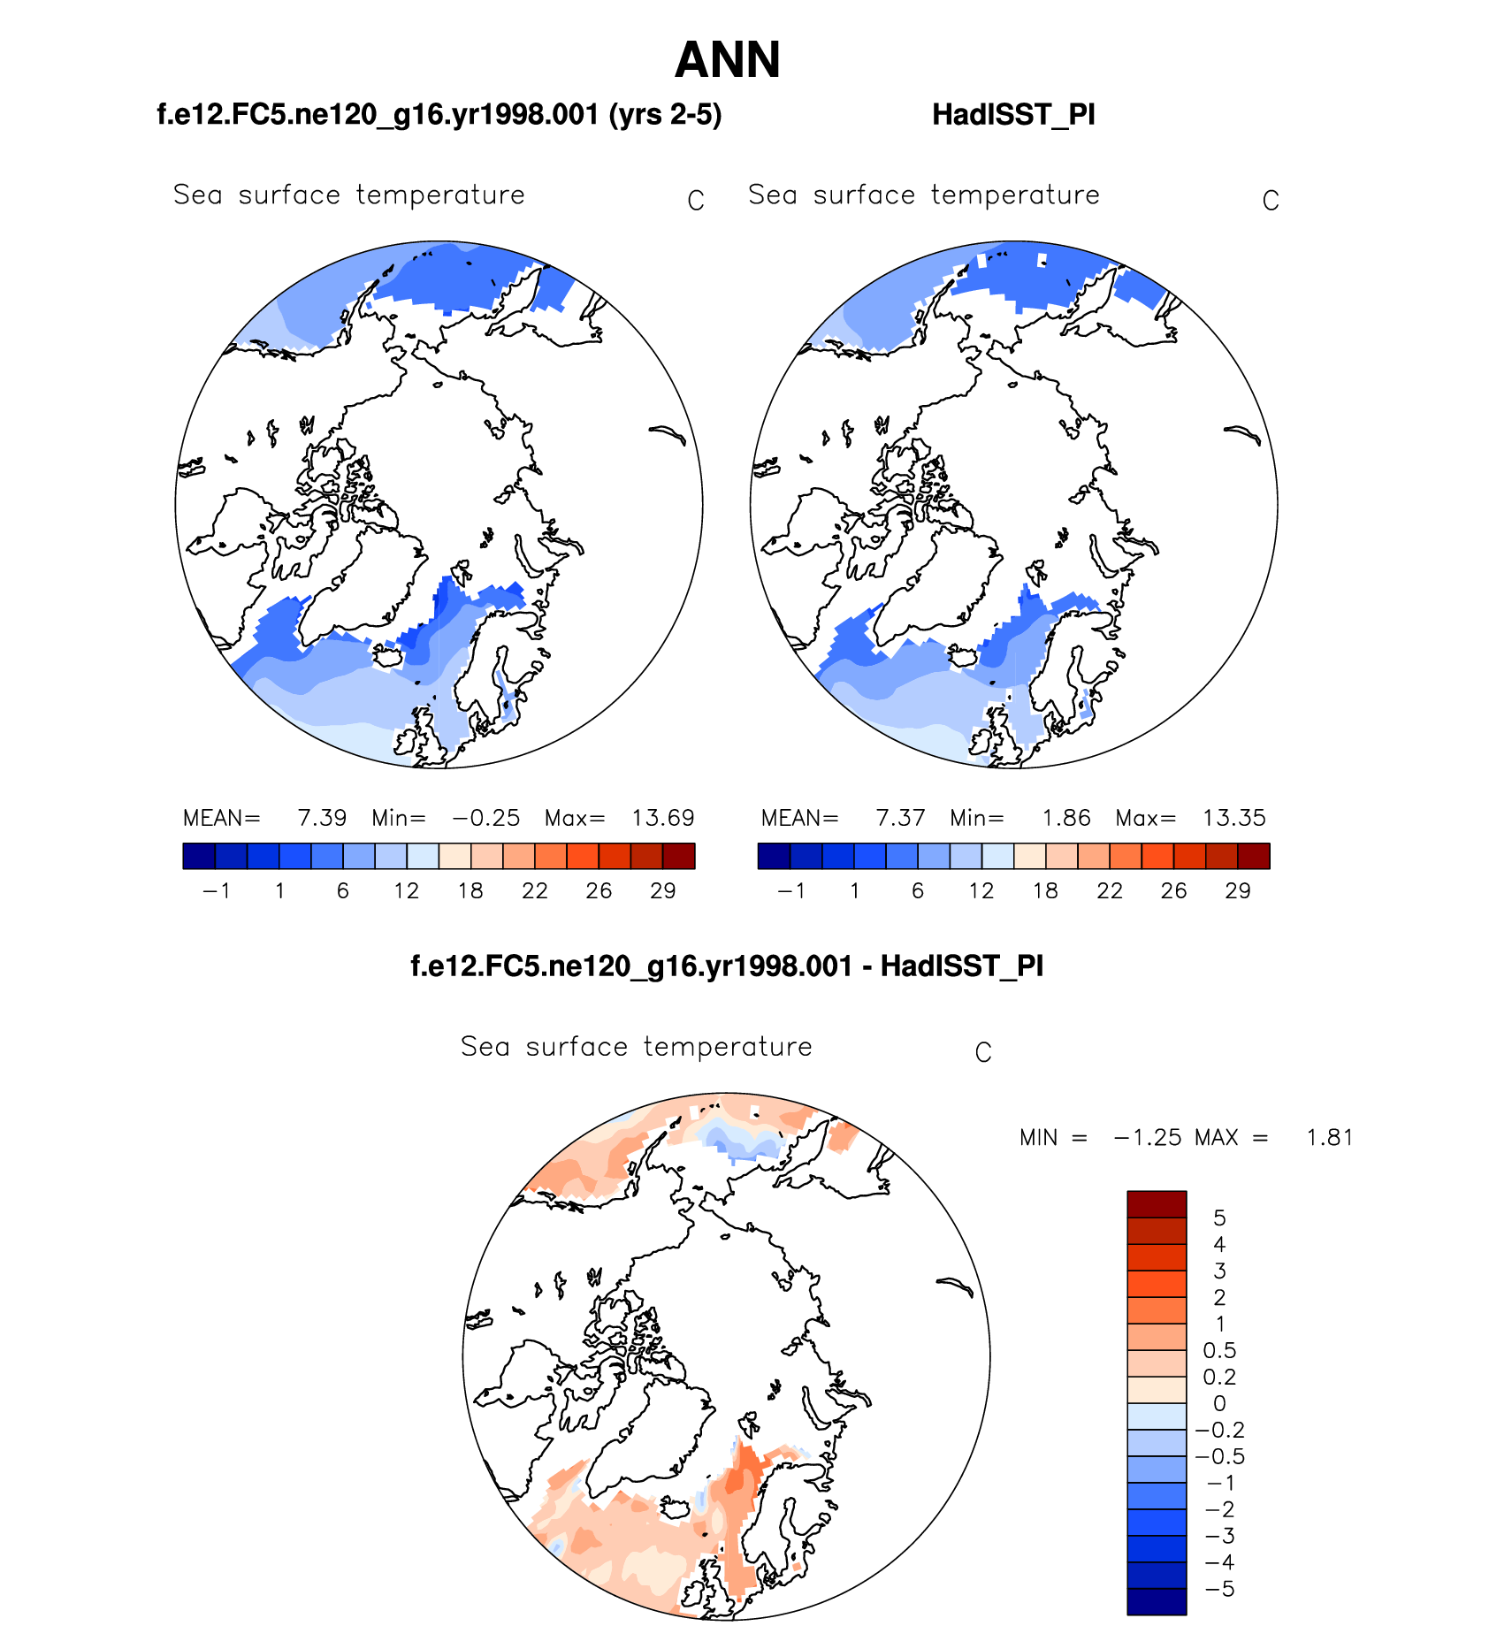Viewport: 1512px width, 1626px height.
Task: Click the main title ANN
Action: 727,60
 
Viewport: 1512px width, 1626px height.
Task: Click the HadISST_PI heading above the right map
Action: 1013,115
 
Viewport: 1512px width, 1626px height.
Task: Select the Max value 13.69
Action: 662,818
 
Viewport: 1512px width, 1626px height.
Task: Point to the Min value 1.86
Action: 1066,818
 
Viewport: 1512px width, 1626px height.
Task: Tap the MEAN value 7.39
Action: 322,818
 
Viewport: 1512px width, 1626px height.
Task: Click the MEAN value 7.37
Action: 900,818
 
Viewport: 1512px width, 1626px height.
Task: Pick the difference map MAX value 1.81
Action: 1329,1137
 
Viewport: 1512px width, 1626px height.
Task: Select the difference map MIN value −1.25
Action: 1148,1137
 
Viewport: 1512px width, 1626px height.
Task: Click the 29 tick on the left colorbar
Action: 663,891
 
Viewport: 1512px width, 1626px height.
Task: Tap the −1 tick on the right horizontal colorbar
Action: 790,891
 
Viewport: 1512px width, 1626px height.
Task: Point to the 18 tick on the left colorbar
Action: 470,891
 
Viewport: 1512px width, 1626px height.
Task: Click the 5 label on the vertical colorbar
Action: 1219,1218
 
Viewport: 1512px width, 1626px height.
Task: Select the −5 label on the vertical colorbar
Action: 1219,1589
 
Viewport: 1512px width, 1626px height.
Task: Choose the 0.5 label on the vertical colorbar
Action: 1219,1350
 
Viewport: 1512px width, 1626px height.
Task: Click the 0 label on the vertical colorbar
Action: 1219,1403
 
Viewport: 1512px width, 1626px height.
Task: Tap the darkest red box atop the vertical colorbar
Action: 1157,1204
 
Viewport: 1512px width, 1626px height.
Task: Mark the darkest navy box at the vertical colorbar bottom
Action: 1157,1601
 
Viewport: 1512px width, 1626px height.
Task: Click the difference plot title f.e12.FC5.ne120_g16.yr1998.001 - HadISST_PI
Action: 727,966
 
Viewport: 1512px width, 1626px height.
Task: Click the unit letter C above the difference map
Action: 983,1053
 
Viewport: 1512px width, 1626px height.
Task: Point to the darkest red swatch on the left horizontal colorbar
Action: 679,856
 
